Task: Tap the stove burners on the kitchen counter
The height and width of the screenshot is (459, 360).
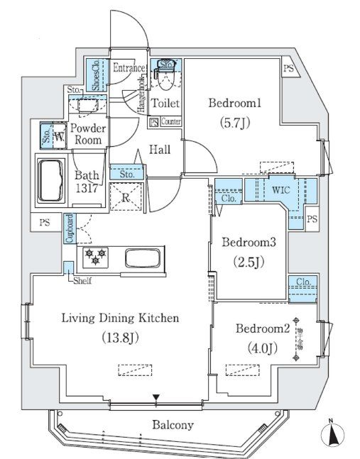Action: [x=95, y=257]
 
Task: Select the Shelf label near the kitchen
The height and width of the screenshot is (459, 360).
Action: [x=83, y=280]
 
